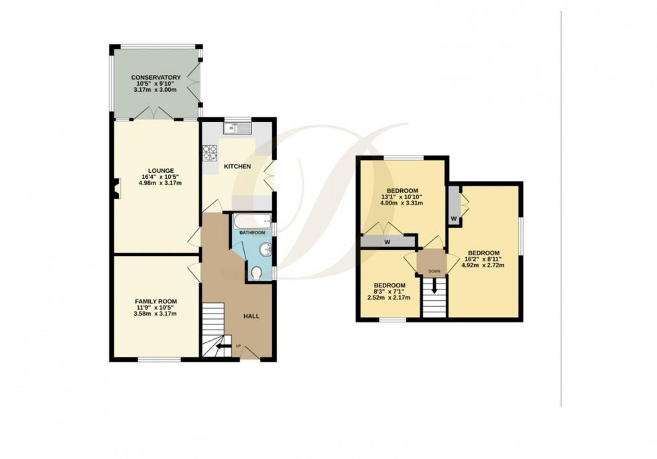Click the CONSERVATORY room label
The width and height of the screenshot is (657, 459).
pos(156,78)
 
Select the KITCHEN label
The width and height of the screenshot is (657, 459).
pos(237,166)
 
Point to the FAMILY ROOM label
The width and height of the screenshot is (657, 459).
pos(156,302)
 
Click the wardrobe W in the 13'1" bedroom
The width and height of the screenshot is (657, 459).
pos(387,243)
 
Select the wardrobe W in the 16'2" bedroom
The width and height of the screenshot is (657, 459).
pos(454,218)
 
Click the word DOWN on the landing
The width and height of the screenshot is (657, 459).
pos(433,271)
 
